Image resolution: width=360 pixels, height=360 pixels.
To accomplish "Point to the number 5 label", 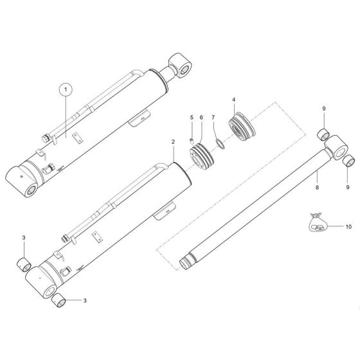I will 191,117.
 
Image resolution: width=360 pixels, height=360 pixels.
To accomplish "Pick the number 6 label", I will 201,117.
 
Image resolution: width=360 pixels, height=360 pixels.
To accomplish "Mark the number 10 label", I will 349,227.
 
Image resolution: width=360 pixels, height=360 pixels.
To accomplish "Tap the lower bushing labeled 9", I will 347,161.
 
